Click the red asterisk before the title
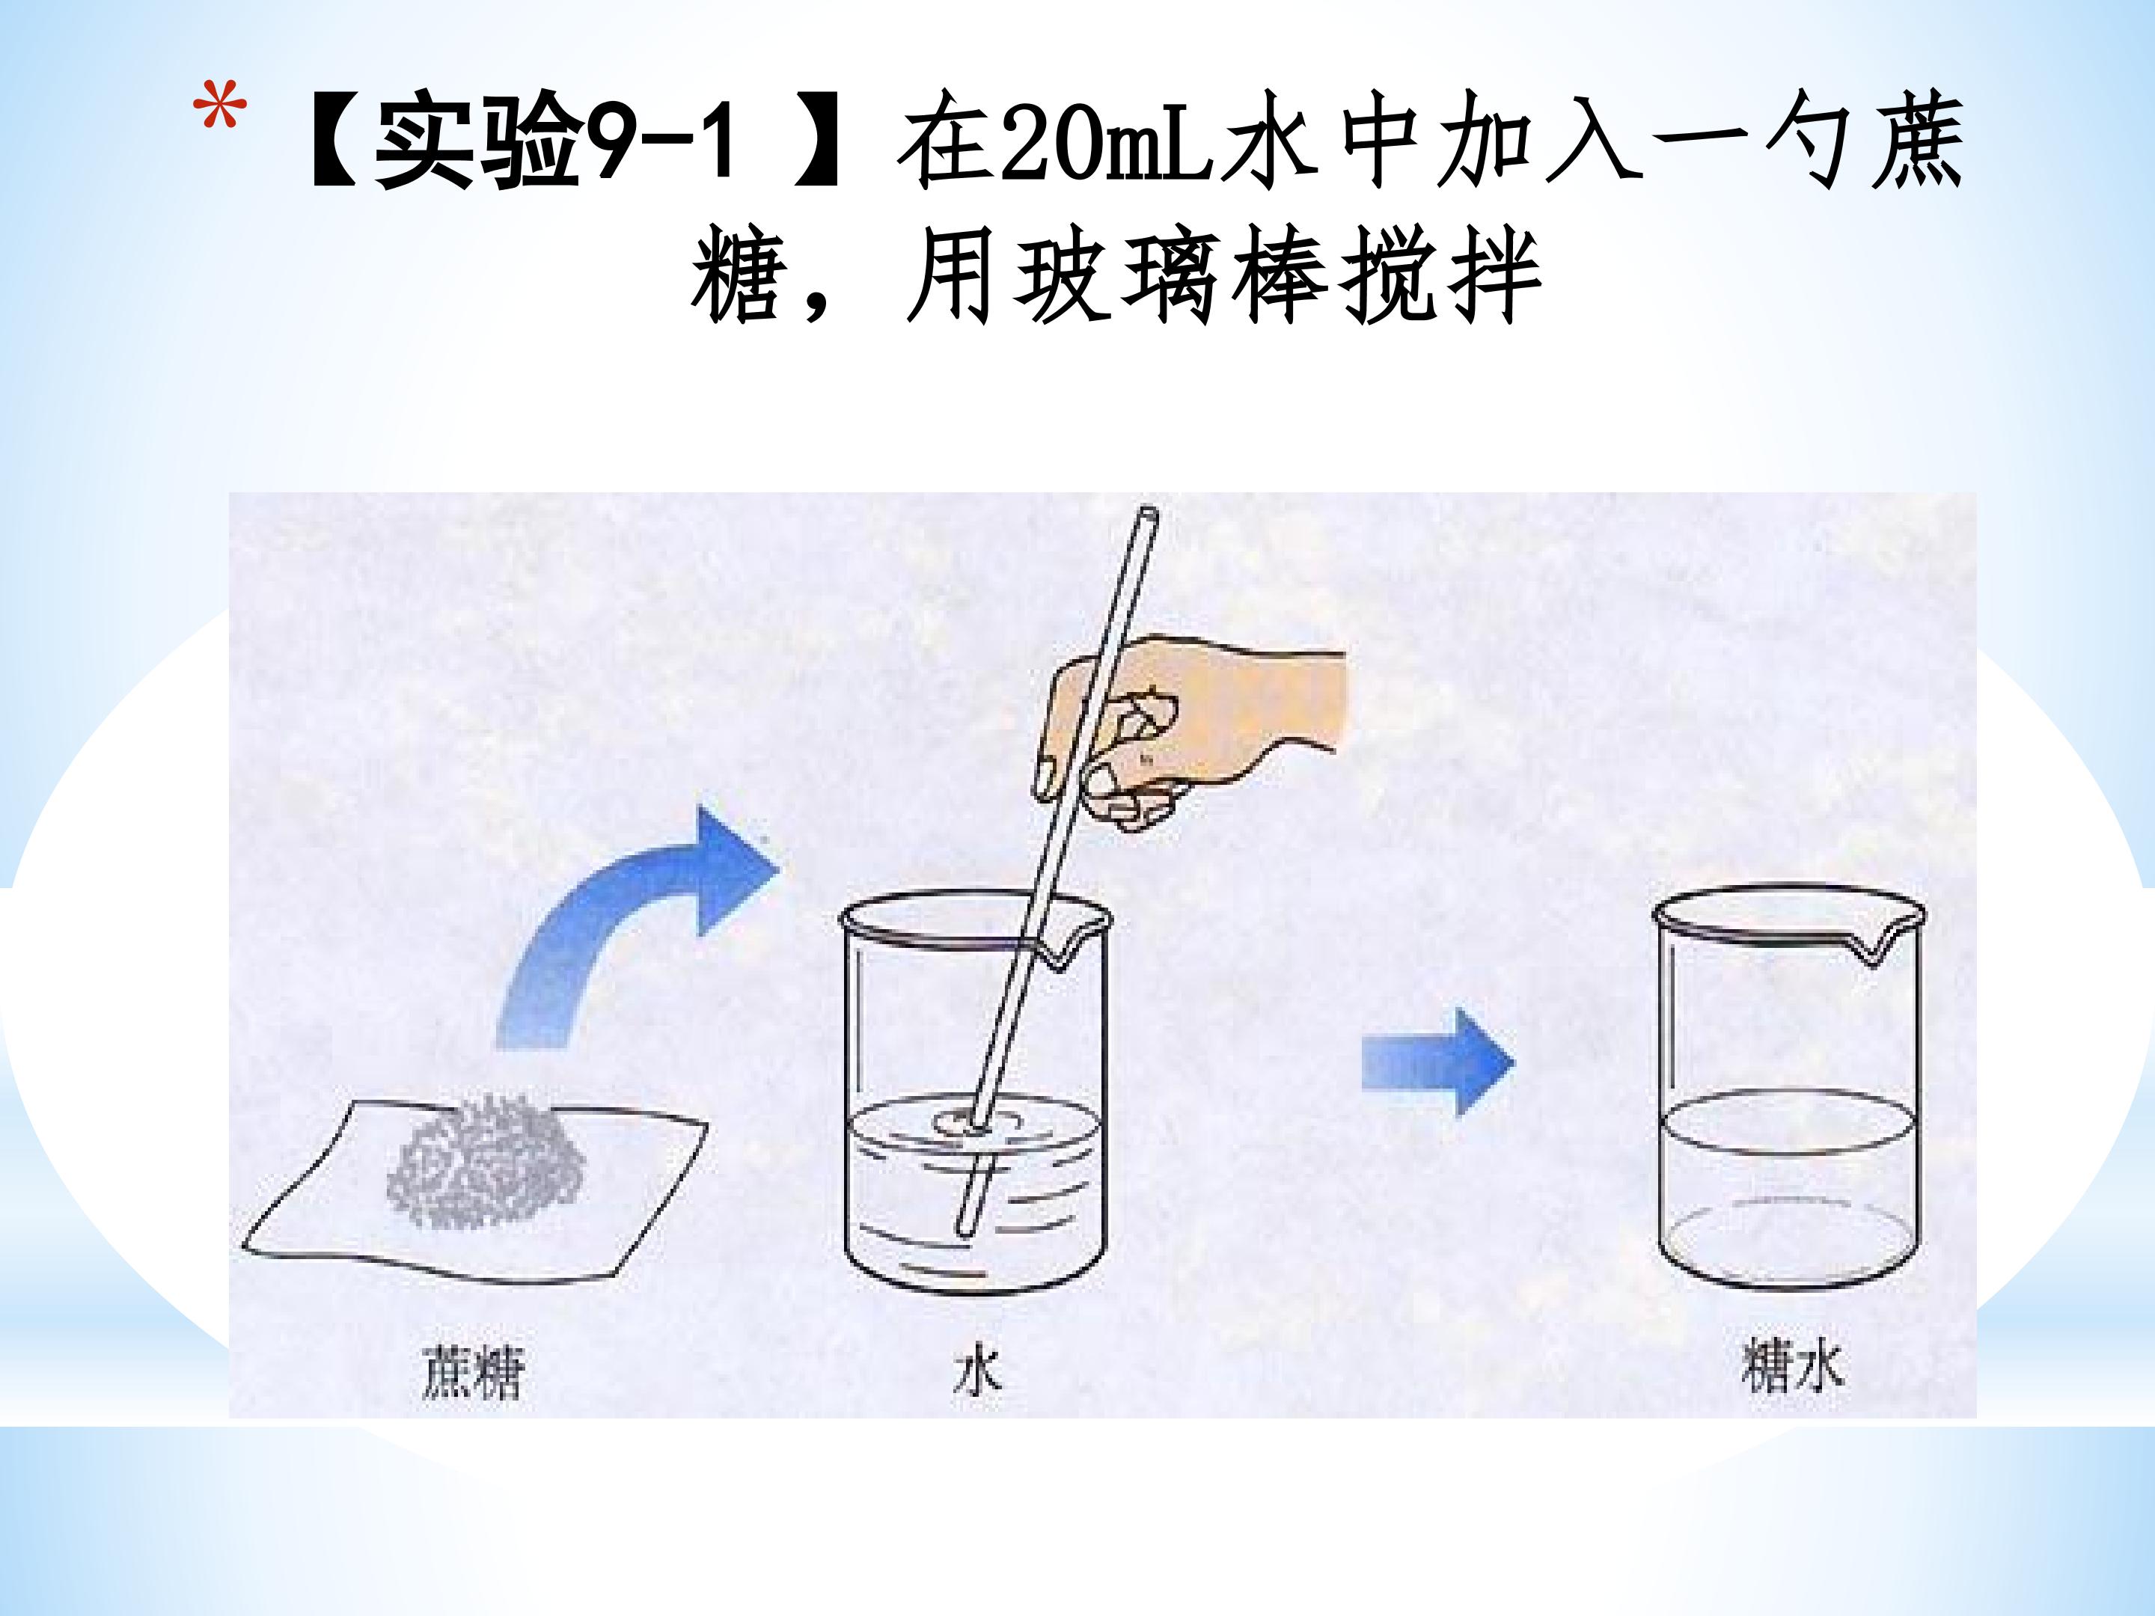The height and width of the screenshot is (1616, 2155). coord(220,109)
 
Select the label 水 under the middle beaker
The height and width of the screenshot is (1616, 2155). coord(977,1373)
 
